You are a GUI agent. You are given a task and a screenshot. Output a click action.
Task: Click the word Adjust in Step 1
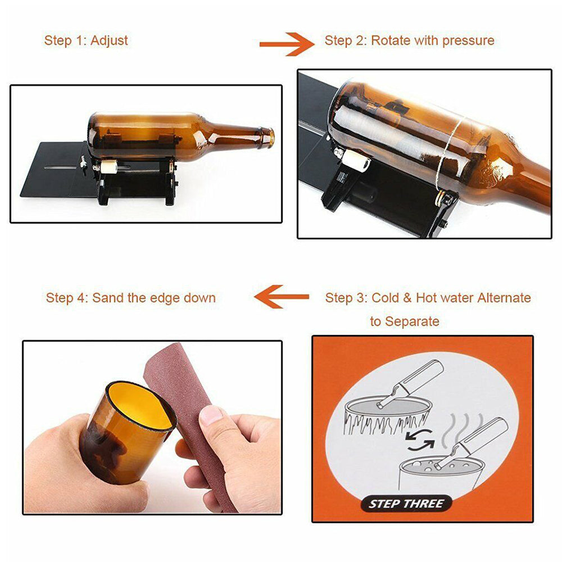point(109,41)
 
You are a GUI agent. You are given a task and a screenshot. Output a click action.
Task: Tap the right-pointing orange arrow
point(287,44)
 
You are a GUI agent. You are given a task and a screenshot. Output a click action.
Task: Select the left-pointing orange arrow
point(282,296)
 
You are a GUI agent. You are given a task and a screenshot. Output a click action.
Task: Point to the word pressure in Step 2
point(468,41)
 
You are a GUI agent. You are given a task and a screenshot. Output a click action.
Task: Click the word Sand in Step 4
point(106,298)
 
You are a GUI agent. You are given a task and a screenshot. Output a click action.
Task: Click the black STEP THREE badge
point(406,504)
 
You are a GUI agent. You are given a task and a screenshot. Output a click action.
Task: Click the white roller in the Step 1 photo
point(109,167)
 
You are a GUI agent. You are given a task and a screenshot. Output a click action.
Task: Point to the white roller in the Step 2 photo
point(356,160)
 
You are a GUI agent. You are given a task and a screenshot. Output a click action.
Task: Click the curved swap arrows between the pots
point(419,440)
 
